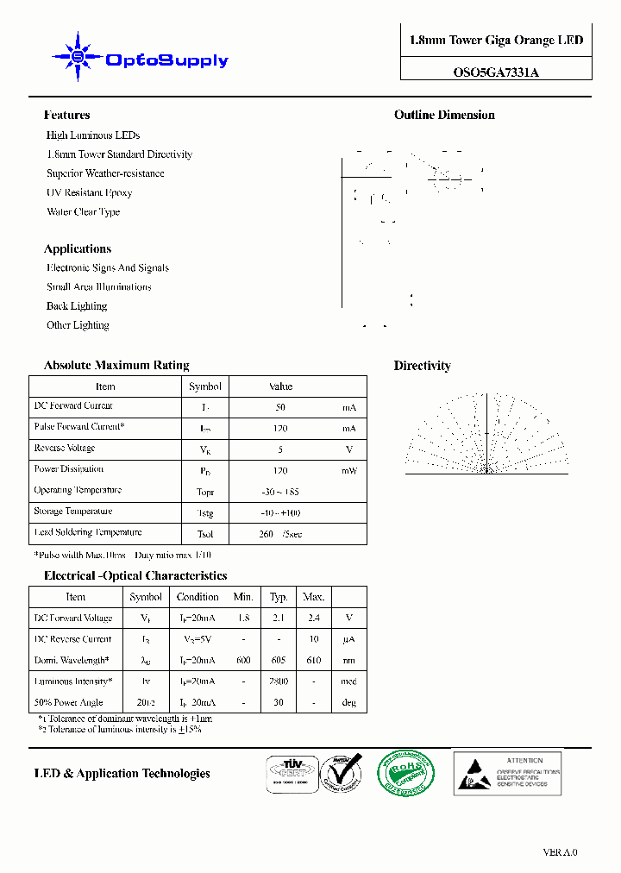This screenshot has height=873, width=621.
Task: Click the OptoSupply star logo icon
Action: click(x=78, y=57)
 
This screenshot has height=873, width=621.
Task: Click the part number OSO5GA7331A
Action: click(x=496, y=72)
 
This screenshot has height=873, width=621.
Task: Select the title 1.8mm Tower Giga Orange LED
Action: click(x=496, y=41)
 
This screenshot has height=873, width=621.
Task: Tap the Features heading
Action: click(x=66, y=115)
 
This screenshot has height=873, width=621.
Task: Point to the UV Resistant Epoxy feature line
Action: click(x=89, y=192)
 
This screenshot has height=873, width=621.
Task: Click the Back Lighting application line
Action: click(x=77, y=306)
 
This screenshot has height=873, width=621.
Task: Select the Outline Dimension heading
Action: click(x=444, y=115)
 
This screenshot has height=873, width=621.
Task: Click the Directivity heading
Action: click(x=422, y=366)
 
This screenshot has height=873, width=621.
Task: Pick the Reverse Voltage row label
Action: click(x=65, y=449)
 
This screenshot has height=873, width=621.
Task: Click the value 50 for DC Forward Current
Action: click(x=280, y=407)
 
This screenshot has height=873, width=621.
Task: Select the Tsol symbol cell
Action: click(x=205, y=534)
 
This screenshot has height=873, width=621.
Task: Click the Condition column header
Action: click(x=198, y=597)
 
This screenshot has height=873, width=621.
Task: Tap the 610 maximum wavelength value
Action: click(x=313, y=661)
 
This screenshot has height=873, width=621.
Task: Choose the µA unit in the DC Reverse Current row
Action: click(x=349, y=640)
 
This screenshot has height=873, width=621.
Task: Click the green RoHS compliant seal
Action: click(x=405, y=774)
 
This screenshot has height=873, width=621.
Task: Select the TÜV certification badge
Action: click(x=289, y=773)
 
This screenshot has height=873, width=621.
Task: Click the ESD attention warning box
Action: click(x=507, y=772)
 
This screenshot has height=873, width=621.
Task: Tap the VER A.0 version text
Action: click(x=560, y=852)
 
